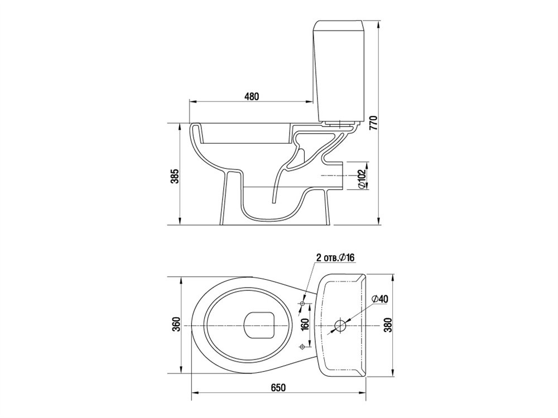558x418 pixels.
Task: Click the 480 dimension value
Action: click(x=252, y=96)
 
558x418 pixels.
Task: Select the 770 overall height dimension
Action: click(x=373, y=123)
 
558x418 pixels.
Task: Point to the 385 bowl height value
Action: click(x=175, y=176)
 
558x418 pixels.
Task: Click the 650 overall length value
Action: click(x=278, y=387)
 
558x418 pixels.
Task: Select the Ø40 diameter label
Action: click(x=379, y=299)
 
